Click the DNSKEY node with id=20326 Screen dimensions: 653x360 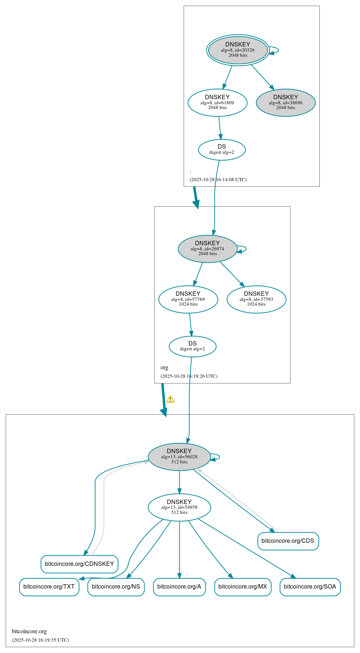pyautogui.click(x=238, y=50)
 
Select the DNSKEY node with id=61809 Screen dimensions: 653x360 pyautogui.click(x=217, y=103)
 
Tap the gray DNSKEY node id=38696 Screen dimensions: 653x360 pyautogui.click(x=286, y=103)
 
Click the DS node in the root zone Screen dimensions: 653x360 pyautogui.click(x=222, y=150)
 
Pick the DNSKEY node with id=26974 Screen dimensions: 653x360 pyautogui.click(x=207, y=249)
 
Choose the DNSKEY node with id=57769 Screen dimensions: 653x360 pyautogui.click(x=188, y=299)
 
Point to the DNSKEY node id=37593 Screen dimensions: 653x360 pyautogui.click(x=256, y=299)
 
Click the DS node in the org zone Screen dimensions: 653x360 pyautogui.click(x=192, y=346)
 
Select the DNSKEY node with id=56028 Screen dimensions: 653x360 pyautogui.click(x=179, y=457)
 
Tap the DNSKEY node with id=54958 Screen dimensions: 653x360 pyautogui.click(x=179, y=507)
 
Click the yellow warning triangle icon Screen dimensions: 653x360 pyautogui.click(x=170, y=399)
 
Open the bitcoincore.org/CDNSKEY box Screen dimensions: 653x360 pyautogui.click(x=79, y=564)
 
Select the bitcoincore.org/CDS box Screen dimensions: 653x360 pyautogui.click(x=288, y=541)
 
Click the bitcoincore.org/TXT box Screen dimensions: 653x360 pyautogui.click(x=49, y=587)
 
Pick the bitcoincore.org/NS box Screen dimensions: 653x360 pyautogui.click(x=116, y=587)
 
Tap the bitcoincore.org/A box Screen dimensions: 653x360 pyautogui.click(x=179, y=587)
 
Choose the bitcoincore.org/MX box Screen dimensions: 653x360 pyautogui.click(x=243, y=587)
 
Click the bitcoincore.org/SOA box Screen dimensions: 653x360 pyautogui.click(x=310, y=587)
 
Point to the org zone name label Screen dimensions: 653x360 pyautogui.click(x=164, y=367)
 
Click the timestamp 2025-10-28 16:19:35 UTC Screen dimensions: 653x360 pyautogui.click(x=40, y=640)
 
